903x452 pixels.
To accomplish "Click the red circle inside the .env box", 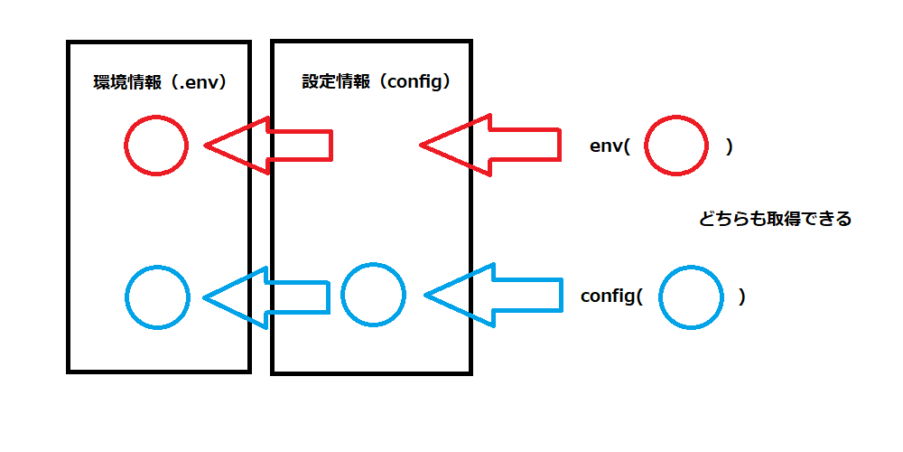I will (156, 145).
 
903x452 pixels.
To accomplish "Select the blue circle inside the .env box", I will (157, 297).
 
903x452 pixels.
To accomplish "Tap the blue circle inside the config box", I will (373, 295).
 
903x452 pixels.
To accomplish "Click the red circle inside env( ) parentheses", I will (675, 145).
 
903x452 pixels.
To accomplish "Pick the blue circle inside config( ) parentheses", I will (691, 297).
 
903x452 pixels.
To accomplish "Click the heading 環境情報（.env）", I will (159, 82).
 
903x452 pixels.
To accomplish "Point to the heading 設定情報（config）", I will (376, 81).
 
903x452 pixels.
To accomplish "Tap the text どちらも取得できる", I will (775, 219).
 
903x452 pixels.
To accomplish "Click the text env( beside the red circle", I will (609, 146).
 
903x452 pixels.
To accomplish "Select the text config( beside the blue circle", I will (610, 297).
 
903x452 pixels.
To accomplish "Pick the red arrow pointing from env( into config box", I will (488, 145).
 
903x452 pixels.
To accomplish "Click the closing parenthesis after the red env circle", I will (729, 146).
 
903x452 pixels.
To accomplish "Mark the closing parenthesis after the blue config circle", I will (741, 297).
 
